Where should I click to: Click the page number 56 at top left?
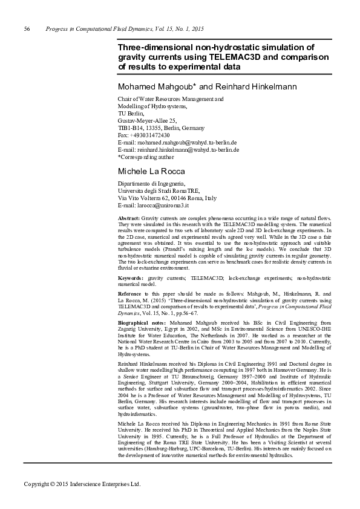[x=27, y=29]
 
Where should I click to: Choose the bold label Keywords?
[x=130, y=277]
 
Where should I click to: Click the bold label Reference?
[x=130, y=293]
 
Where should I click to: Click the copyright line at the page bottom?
[x=82, y=484]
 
